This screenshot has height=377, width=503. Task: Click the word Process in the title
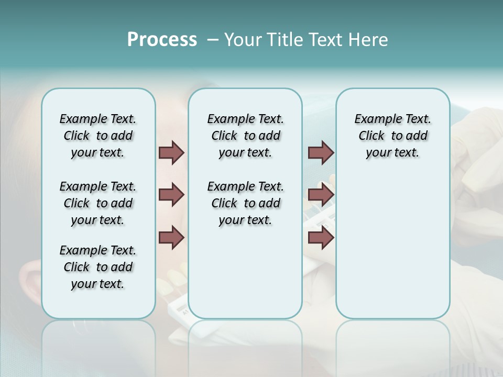point(162,40)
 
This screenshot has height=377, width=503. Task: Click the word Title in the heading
point(286,40)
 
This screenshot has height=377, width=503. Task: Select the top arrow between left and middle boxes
point(171,152)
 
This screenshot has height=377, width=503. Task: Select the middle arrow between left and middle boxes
point(171,195)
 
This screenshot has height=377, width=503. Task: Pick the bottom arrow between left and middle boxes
point(171,238)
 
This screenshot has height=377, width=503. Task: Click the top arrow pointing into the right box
point(321,152)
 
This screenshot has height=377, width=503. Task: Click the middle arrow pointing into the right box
point(321,195)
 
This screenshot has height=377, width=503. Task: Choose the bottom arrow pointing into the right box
point(321,238)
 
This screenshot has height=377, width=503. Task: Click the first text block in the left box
point(98,136)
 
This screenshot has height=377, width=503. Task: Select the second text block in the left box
point(98,203)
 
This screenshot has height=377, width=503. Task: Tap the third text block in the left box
point(98,267)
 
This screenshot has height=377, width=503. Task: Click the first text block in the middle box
point(246,136)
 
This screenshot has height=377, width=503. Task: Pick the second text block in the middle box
point(246,203)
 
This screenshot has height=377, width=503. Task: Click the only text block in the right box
point(393,136)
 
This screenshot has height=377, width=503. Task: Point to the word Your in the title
point(244,40)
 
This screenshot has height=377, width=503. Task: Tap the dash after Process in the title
point(212,40)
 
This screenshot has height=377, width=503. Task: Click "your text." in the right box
point(392,153)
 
